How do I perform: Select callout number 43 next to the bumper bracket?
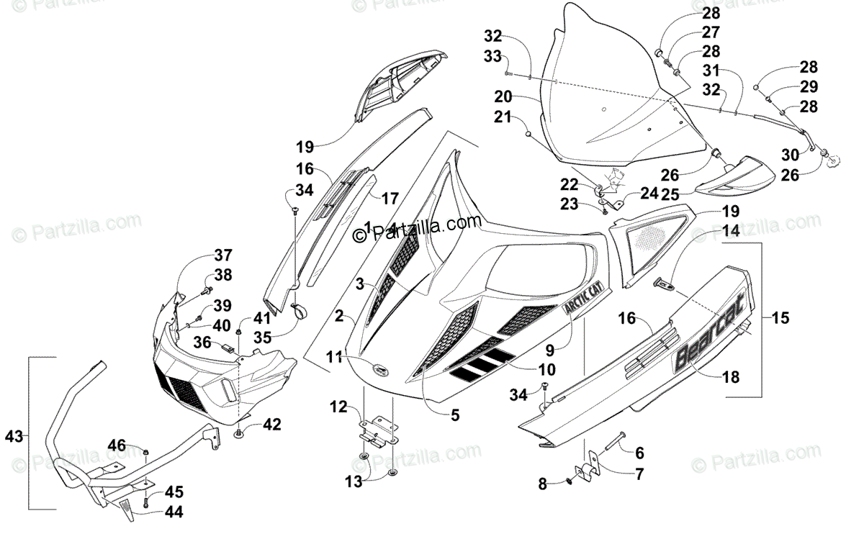[x=14, y=435]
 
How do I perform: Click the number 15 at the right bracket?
[x=780, y=317]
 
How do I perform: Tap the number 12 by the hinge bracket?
[x=339, y=408]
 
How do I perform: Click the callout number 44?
[x=174, y=512]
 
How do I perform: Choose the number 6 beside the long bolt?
[x=639, y=453]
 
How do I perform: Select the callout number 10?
[x=546, y=370]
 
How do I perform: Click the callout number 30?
[x=790, y=154]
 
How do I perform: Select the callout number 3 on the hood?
[x=359, y=284]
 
